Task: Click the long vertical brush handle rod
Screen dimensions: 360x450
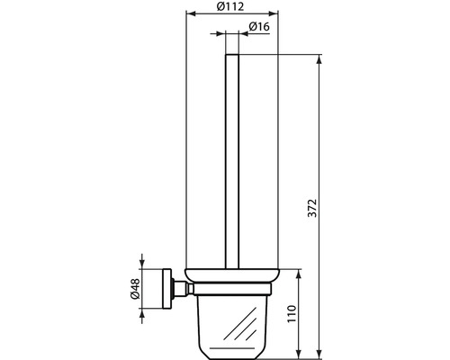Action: [x=231, y=162]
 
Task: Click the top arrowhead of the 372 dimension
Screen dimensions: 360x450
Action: [x=320, y=59]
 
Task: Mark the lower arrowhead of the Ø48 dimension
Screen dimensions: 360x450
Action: [x=143, y=310]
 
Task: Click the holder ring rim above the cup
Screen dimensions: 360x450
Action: [x=231, y=275]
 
